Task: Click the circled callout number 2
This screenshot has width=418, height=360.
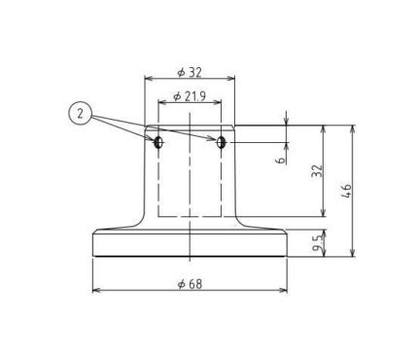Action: (x=80, y=114)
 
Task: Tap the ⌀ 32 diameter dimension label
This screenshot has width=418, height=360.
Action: (x=190, y=72)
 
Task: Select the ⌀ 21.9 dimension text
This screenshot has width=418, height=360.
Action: (x=190, y=96)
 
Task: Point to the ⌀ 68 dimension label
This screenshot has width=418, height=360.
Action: (x=190, y=284)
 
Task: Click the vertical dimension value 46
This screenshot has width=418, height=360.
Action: (x=346, y=191)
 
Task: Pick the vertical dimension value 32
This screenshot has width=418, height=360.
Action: (x=317, y=171)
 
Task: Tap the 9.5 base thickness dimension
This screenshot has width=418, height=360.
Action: (x=318, y=243)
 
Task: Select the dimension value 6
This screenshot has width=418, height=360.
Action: (x=281, y=160)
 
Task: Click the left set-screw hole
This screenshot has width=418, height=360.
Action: (x=158, y=142)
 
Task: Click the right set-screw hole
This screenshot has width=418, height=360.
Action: (x=221, y=142)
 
